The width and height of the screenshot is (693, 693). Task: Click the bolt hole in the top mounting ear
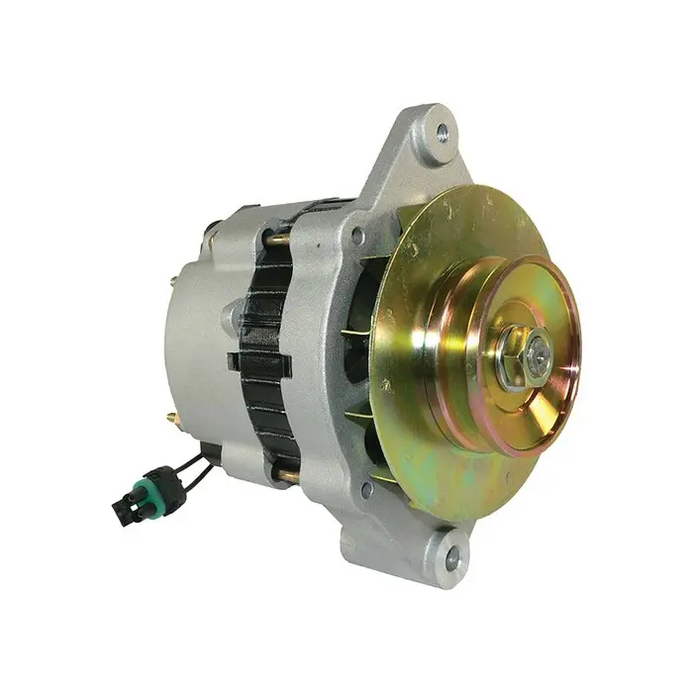(441, 128)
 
